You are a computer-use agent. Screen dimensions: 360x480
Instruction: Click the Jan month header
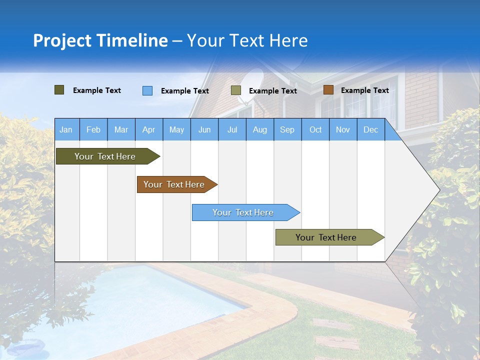pyautogui.click(x=66, y=129)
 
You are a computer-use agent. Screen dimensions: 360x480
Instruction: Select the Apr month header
pyautogui.click(x=148, y=129)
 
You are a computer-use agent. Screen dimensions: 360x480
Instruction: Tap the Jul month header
pyautogui.click(x=232, y=129)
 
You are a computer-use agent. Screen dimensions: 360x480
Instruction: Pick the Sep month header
pyautogui.click(x=287, y=129)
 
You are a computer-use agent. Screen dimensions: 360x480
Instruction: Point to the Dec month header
pyautogui.click(x=370, y=129)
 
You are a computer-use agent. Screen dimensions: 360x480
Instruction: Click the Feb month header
pyautogui.click(x=93, y=129)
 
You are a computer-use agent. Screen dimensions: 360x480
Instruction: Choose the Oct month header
pyautogui.click(x=315, y=129)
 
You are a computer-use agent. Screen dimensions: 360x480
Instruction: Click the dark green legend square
pyautogui.click(x=59, y=90)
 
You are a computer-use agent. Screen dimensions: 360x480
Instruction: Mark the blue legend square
pyautogui.click(x=147, y=90)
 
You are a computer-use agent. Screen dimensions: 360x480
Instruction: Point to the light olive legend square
pyautogui.click(x=236, y=90)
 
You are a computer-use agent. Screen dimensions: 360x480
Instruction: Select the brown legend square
pyautogui.click(x=328, y=90)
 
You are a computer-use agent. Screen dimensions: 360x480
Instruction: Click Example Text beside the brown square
pyautogui.click(x=364, y=90)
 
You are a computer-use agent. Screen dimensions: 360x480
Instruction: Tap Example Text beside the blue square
pyautogui.click(x=184, y=91)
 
